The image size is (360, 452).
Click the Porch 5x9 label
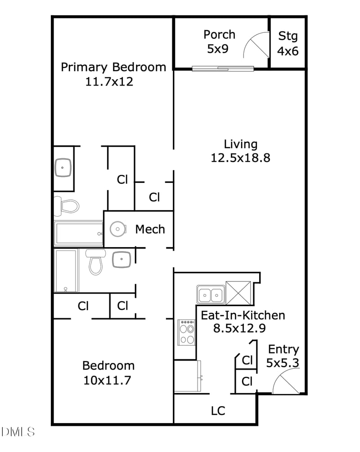pos(219,42)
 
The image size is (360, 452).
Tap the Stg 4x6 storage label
pos(288,44)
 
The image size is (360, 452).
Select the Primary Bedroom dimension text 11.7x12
pos(109,81)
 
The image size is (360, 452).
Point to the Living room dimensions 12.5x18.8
pos(241,158)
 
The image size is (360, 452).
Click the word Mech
pos(150,230)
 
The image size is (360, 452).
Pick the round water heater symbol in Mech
pos(118,229)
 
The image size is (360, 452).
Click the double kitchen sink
pos(211,294)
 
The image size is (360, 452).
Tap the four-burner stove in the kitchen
pos(186,332)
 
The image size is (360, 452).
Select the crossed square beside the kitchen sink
pos(238,293)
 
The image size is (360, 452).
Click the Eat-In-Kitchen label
pos(243,315)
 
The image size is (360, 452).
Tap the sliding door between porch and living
pos(223,68)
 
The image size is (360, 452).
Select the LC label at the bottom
pos(218,411)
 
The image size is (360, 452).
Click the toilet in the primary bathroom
pos(67,206)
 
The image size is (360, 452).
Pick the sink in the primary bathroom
pos(63,167)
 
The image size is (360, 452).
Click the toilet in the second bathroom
pos(96,262)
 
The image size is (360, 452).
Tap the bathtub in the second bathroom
pos(66,271)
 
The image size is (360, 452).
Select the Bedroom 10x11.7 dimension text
pos(107,380)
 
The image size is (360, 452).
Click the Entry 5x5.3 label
pos(283,356)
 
